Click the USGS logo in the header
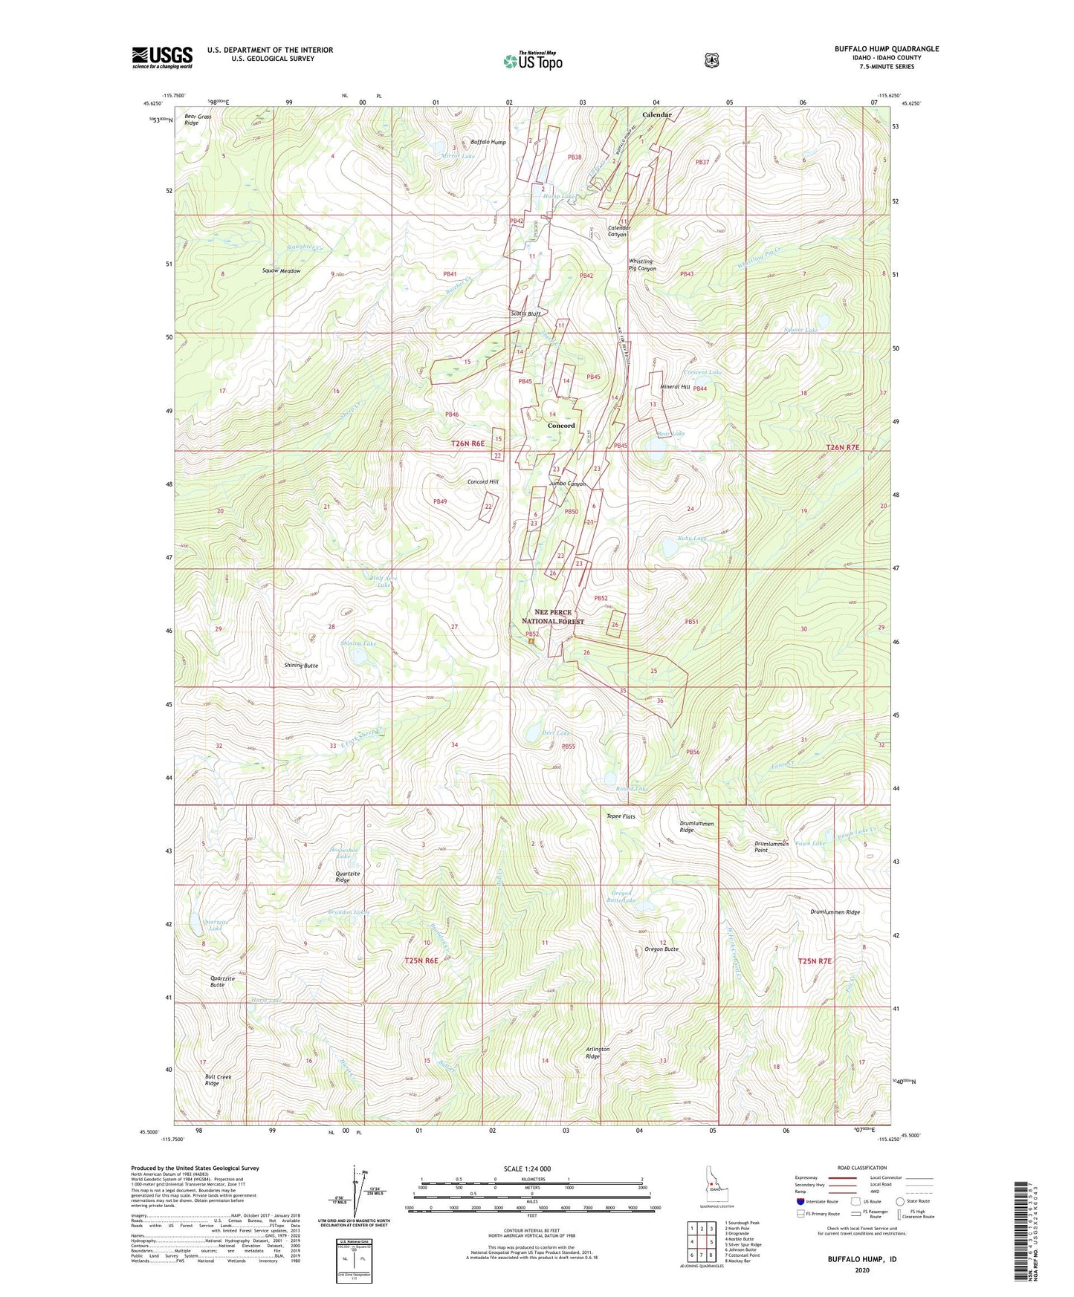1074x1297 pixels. point(162,57)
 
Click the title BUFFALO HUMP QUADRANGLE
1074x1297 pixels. point(886,49)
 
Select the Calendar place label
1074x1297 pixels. point(656,115)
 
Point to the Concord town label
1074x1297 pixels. point(561,426)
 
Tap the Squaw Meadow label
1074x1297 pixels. point(281,271)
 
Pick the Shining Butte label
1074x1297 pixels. point(301,666)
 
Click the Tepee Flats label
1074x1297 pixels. point(621,816)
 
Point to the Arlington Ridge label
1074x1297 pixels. point(598,1053)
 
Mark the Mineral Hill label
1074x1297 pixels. point(675,387)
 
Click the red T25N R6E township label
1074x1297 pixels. point(427,960)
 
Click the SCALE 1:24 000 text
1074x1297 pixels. point(527,1168)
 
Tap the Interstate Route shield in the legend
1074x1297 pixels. point(800,1201)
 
